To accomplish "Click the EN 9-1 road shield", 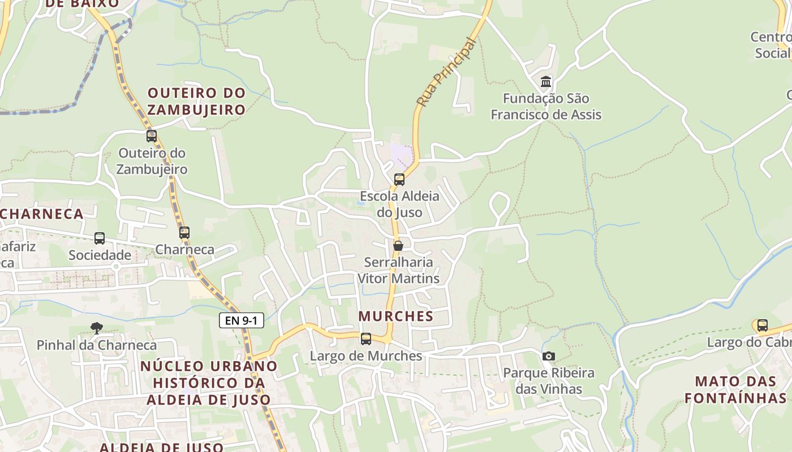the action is point(242,321).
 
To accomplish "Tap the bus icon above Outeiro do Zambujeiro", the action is point(152,136).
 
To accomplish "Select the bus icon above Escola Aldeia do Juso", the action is point(399,180).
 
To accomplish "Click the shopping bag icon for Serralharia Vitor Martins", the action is point(398,246).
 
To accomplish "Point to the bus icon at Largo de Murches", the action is point(366,339).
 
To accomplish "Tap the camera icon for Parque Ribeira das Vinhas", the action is point(548,356).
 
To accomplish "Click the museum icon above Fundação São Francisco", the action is point(546,82).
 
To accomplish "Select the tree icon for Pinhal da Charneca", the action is point(97,328).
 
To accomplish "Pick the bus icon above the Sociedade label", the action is point(100,238).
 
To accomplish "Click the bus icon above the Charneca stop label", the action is point(184,232).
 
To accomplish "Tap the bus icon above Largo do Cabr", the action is point(763,325).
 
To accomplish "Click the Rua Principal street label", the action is point(447,72).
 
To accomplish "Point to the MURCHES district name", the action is point(396,316).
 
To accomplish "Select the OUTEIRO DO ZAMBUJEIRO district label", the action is point(197,101).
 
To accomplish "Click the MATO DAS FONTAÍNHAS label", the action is point(735,389).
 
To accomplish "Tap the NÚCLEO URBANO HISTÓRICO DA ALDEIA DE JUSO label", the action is point(209,383).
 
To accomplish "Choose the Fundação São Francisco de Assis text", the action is point(546,106).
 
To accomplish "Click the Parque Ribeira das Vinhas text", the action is point(549,381).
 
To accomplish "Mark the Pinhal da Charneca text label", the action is point(97,345).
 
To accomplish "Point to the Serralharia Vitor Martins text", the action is point(398,270).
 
